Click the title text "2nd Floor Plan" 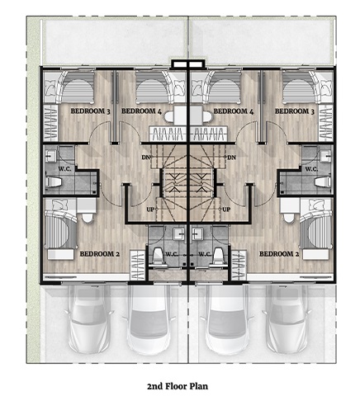pyautogui.click(x=178, y=386)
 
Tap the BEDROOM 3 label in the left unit pyautogui.click(x=90, y=111)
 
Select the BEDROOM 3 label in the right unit pyautogui.click(x=295, y=111)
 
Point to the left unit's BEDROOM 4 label pyautogui.click(x=141, y=111)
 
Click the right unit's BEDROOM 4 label pyautogui.click(x=234, y=111)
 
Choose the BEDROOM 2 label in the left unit pyautogui.click(x=100, y=253)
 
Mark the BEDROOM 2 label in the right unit pyautogui.click(x=279, y=253)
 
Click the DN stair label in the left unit pyautogui.click(x=145, y=158)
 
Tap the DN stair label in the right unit pyautogui.click(x=231, y=158)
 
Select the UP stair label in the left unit pyautogui.click(x=150, y=210)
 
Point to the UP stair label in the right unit pyautogui.click(x=226, y=210)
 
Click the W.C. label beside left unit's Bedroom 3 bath pyautogui.click(x=64, y=169)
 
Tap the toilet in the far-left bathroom pyautogui.click(x=53, y=182)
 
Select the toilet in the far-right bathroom pyautogui.click(x=323, y=182)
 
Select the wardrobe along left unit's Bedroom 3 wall pyautogui.click(x=50, y=123)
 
